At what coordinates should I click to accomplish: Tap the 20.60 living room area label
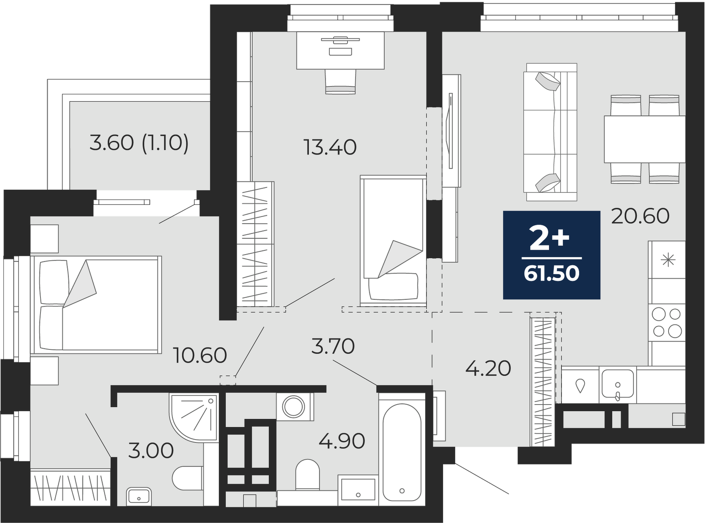pyautogui.click(x=640, y=216)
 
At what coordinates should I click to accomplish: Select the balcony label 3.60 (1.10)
pyautogui.click(x=139, y=143)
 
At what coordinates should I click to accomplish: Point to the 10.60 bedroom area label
pyautogui.click(x=200, y=355)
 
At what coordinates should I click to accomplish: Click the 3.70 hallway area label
pyautogui.click(x=333, y=346)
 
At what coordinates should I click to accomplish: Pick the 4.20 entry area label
pyautogui.click(x=488, y=369)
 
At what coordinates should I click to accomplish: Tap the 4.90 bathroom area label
pyautogui.click(x=342, y=442)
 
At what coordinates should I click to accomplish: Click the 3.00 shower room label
pyautogui.click(x=151, y=450)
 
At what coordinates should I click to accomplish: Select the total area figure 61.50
pyautogui.click(x=552, y=274)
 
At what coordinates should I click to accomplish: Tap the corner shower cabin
pyautogui.click(x=193, y=417)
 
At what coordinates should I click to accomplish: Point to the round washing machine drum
pyautogui.click(x=293, y=406)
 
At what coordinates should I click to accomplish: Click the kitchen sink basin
pyautogui.click(x=617, y=384)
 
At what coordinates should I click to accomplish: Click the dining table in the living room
pyautogui.click(x=645, y=139)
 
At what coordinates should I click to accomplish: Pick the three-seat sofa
pyautogui.click(x=551, y=132)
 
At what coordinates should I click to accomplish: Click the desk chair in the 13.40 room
pyautogui.click(x=340, y=82)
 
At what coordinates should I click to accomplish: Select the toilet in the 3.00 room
pyautogui.click(x=188, y=478)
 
